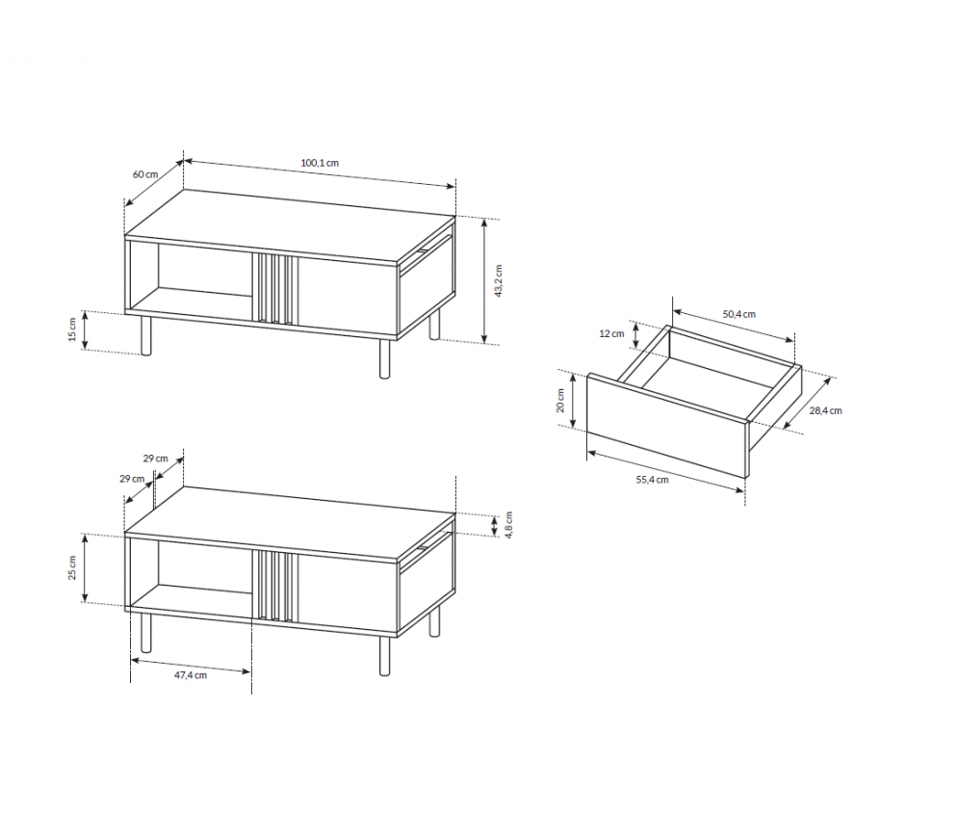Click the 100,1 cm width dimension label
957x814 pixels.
320,163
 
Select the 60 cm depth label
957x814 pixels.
145,174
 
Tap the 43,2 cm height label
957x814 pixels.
498,281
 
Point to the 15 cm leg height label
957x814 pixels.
72,329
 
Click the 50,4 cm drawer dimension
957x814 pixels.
739,314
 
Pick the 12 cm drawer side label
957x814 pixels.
611,333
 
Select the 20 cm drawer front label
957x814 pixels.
560,401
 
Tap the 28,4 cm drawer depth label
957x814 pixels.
826,411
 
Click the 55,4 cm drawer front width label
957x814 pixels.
653,480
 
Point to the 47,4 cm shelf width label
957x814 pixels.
191,675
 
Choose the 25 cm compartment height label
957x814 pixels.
72,568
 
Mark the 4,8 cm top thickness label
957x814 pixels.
509,525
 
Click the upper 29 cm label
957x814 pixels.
156,458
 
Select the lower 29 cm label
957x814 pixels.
132,479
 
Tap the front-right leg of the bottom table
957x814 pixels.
384,656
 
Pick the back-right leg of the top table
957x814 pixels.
434,324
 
